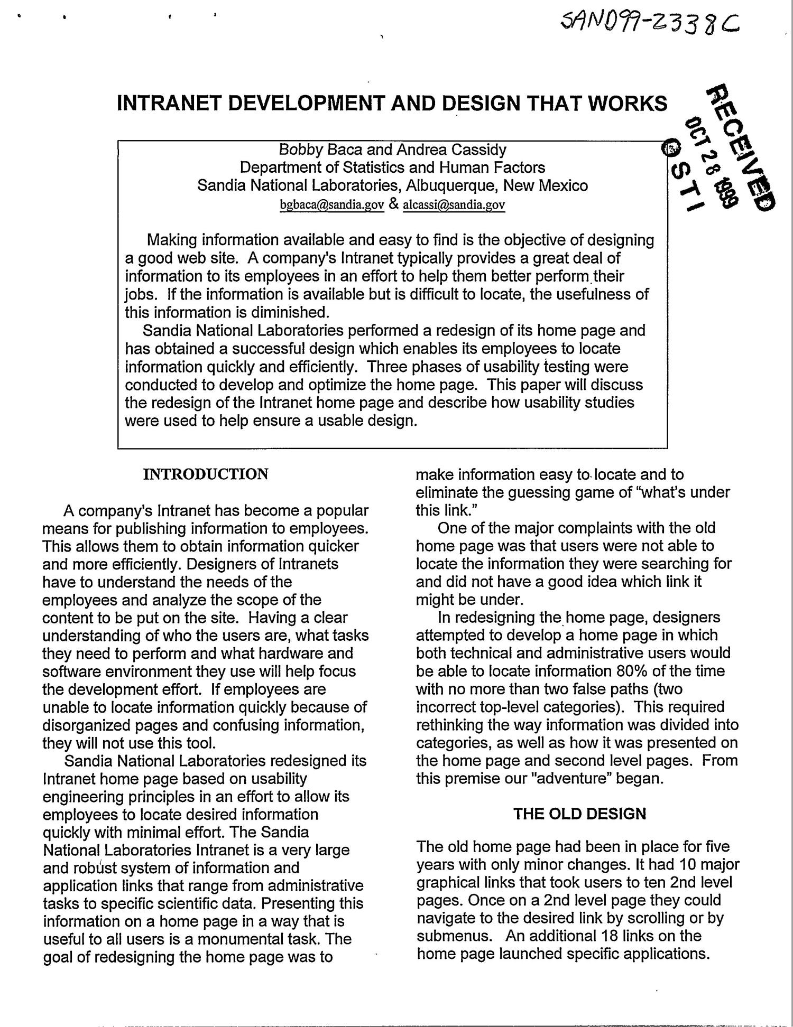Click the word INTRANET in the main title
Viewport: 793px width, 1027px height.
(x=169, y=103)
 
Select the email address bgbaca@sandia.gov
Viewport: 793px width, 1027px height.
(x=331, y=205)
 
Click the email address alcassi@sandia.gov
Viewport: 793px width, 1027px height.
(x=454, y=205)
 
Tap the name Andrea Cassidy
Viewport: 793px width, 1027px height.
(x=451, y=150)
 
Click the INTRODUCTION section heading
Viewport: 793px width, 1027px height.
(x=206, y=474)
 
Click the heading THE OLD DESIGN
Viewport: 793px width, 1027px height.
(x=579, y=813)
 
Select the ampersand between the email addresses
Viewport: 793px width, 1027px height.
(x=393, y=204)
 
